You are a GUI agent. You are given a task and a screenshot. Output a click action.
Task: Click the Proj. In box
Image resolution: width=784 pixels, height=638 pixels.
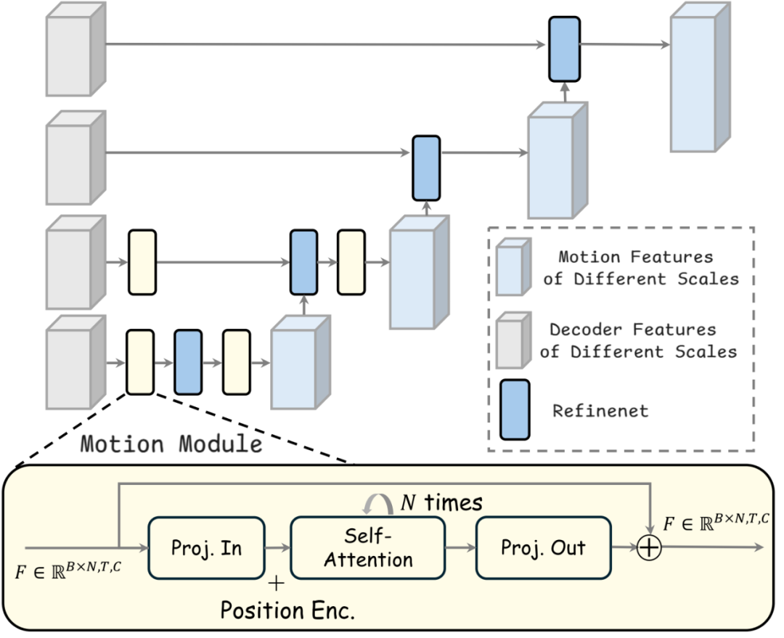(x=207, y=548)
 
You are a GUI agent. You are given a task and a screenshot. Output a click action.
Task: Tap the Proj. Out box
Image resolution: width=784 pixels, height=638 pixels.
(x=534, y=548)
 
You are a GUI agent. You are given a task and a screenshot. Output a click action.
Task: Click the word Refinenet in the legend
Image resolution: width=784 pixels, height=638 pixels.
(x=600, y=410)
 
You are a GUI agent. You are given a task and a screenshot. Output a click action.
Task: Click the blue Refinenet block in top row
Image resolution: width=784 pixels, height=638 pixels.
(x=564, y=48)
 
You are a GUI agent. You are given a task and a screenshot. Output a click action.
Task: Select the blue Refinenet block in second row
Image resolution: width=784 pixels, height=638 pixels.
(x=426, y=167)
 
